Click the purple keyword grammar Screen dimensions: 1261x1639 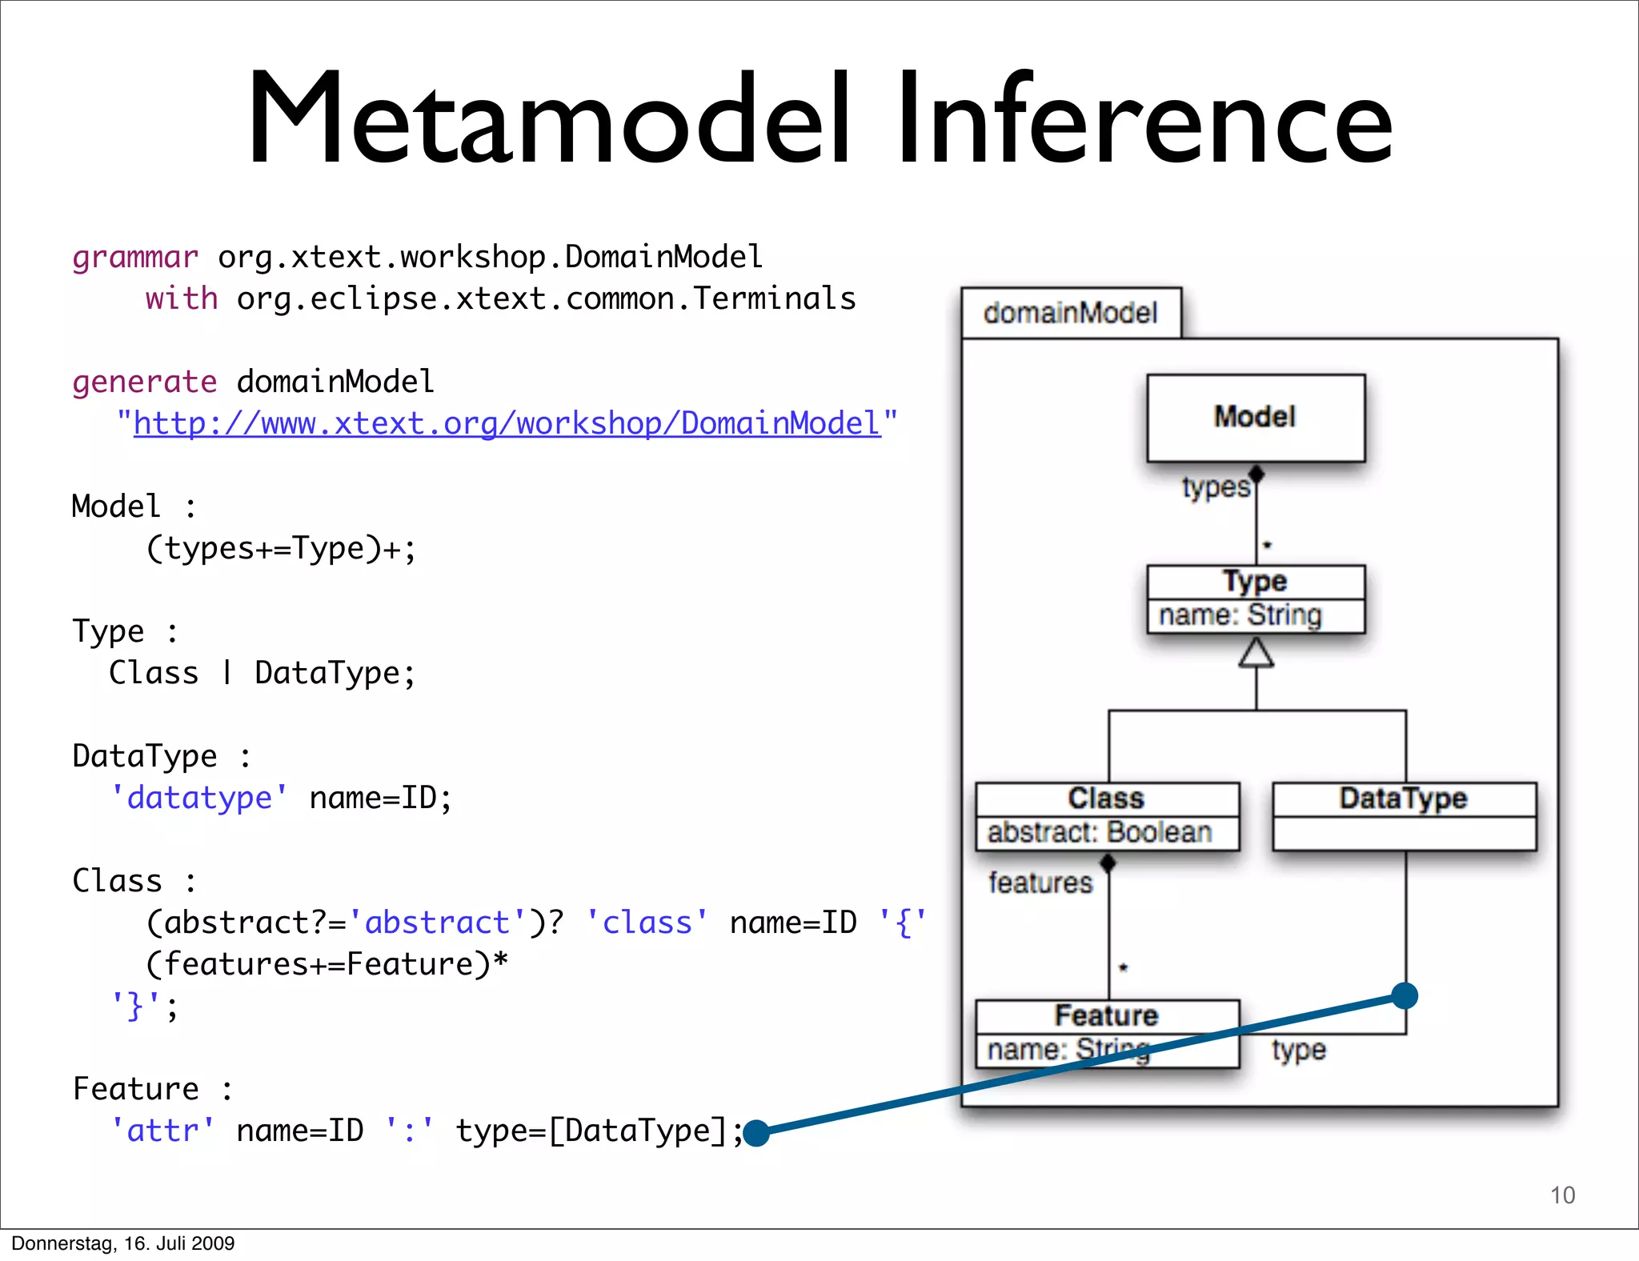click(134, 258)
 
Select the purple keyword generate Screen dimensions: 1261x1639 click(144, 382)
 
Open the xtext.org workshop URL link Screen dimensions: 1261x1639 click(507, 423)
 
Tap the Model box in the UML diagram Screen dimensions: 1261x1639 click(1255, 417)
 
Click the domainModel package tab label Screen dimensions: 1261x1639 click(1070, 313)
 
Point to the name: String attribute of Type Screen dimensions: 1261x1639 click(1240, 615)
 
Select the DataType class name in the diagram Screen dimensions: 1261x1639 click(1403, 798)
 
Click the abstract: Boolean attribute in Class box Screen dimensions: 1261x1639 click(1100, 833)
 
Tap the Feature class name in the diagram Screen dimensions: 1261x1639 click(1106, 1015)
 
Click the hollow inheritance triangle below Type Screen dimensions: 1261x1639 click(1256, 654)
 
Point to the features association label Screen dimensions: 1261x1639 click(1040, 883)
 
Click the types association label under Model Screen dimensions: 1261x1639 click(1215, 487)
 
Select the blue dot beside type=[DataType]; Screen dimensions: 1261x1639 click(756, 1133)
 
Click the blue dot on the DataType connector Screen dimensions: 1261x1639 click(1405, 996)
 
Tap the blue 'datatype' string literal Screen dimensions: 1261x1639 click(199, 798)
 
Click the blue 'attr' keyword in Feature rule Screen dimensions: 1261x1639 click(162, 1131)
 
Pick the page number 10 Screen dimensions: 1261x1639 click(1562, 1195)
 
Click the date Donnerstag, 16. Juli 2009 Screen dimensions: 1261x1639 click(122, 1243)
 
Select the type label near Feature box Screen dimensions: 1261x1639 click(1298, 1050)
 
